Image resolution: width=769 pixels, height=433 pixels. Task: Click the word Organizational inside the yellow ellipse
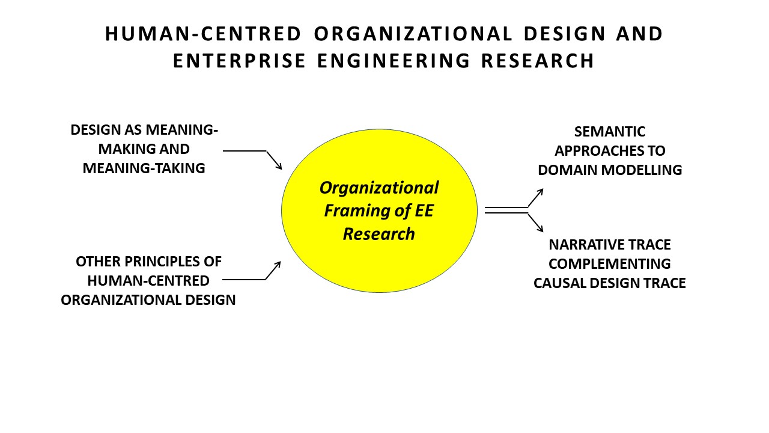[379, 188]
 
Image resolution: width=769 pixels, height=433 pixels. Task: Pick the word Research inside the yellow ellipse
[379, 233]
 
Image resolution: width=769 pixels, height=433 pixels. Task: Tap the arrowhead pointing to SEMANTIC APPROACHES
[540, 191]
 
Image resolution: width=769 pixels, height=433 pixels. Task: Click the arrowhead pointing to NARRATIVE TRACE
[540, 229]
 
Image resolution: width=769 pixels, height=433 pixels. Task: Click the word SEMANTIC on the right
[609, 132]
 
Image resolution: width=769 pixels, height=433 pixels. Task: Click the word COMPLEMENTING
[610, 263]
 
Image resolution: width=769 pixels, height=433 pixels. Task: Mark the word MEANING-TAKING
[144, 168]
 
